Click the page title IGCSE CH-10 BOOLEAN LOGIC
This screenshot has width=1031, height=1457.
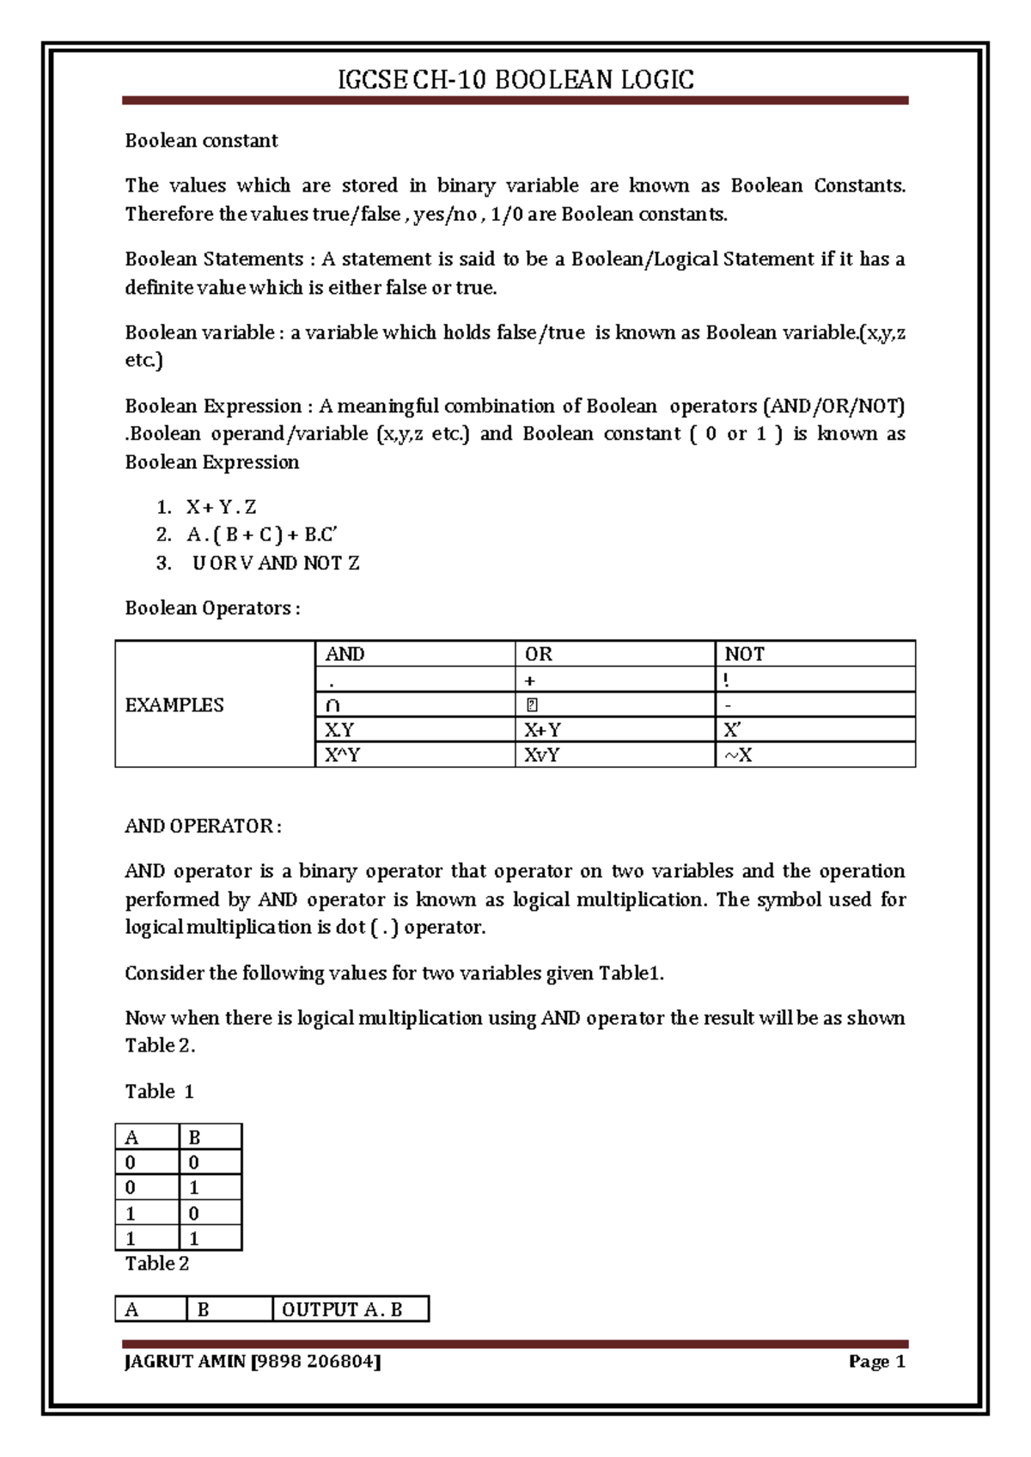tap(515, 80)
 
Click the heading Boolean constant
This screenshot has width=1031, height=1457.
tap(201, 140)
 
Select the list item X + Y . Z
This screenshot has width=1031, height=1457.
tap(221, 507)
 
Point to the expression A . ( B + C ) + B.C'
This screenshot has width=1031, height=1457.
tap(261, 534)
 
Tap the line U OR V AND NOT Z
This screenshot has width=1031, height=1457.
tap(276, 563)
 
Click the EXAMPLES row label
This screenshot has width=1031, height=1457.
tap(174, 704)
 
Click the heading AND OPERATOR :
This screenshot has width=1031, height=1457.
tap(203, 826)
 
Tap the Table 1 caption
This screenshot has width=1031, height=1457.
tap(159, 1091)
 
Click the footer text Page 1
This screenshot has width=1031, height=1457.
tap(876, 1361)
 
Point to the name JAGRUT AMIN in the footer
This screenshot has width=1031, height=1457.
tap(185, 1361)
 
